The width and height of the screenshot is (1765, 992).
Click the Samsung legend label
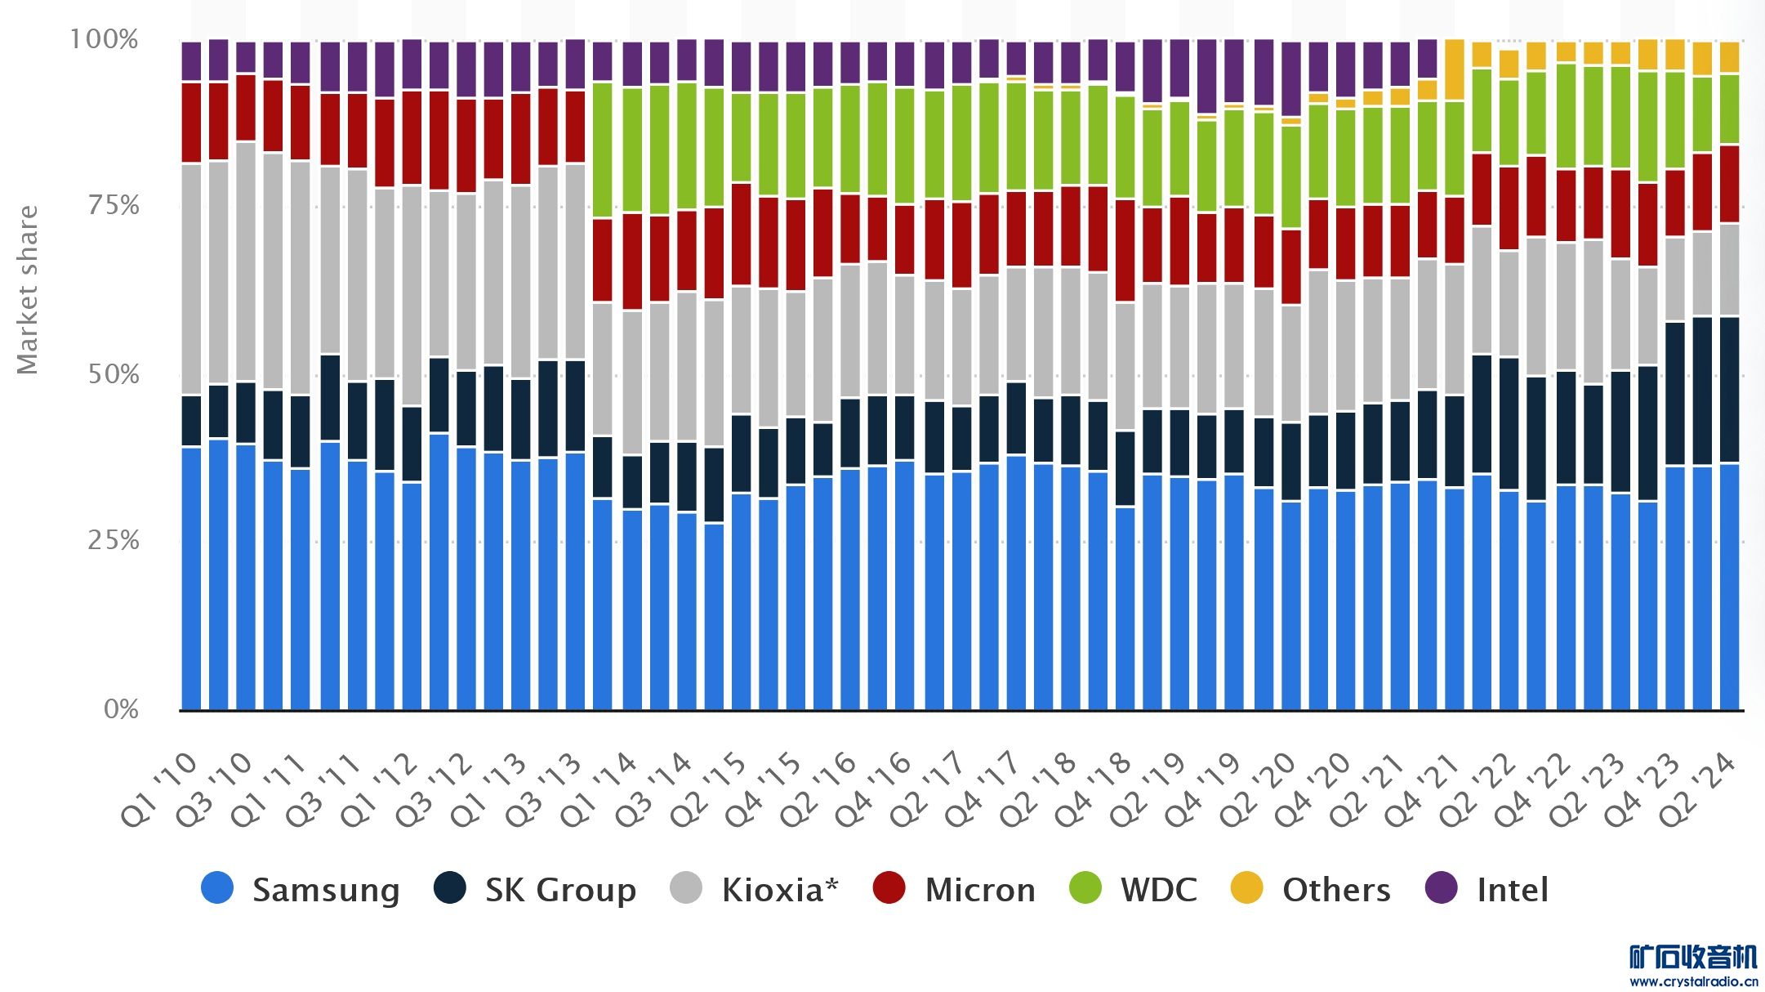click(x=325, y=890)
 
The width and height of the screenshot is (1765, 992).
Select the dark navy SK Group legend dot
click(x=450, y=888)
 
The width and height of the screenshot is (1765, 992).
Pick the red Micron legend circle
click(x=889, y=888)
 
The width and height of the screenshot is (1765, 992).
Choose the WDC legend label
click(x=1158, y=890)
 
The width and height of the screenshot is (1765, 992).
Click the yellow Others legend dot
click(x=1247, y=888)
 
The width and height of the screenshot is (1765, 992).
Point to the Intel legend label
click(x=1513, y=890)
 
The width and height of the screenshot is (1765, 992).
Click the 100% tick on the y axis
click(x=104, y=39)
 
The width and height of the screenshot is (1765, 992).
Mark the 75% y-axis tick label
click(x=114, y=205)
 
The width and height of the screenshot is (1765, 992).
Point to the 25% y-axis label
click(x=114, y=540)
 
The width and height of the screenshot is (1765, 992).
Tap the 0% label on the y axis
click(x=121, y=708)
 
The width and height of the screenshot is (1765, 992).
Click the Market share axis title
click(x=28, y=290)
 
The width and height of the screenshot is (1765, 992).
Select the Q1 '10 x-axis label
click(x=160, y=789)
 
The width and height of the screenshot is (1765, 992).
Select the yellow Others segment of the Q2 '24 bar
click(x=1729, y=57)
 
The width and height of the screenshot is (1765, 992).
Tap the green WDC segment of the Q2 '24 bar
click(x=1729, y=109)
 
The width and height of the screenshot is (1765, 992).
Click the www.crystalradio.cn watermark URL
click(x=1693, y=981)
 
